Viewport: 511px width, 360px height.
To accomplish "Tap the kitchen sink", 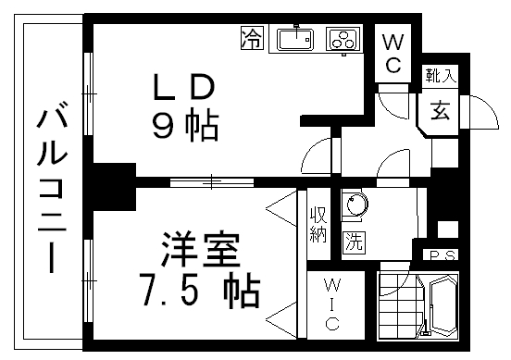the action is point(296,40).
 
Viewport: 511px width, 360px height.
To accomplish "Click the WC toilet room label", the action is point(393,52).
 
